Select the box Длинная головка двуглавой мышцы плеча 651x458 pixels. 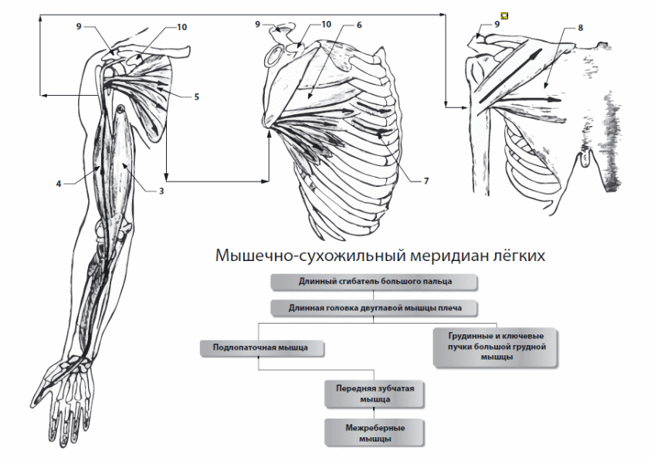[375, 307]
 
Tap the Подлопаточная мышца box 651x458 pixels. [262, 348]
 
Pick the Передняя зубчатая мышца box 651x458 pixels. [375, 393]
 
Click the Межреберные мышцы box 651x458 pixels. [375, 433]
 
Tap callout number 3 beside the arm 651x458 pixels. [161, 190]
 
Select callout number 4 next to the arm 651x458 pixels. [59, 184]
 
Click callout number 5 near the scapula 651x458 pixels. [196, 97]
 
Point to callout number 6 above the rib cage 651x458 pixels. [358, 25]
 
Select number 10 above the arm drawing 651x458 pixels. [181, 27]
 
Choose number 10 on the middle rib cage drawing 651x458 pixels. [326, 25]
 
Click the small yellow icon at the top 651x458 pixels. [505, 15]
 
